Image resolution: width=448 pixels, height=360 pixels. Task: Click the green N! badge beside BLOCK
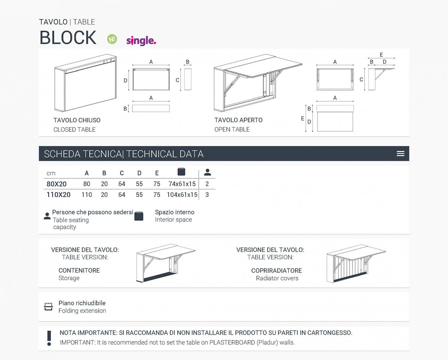point(112,39)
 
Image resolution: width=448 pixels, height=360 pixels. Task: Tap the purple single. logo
point(141,41)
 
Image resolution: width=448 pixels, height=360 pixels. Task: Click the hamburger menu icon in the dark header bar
point(400,154)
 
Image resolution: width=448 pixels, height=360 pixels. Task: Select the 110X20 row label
point(58,195)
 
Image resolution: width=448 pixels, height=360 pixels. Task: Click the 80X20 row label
point(56,184)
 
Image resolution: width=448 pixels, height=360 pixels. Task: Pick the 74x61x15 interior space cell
point(182,184)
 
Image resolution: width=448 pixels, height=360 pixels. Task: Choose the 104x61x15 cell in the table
point(182,195)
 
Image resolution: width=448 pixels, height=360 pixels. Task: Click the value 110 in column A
point(87,195)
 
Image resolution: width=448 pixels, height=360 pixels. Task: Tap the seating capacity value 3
point(207,195)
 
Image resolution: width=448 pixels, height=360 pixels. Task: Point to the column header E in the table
point(157,173)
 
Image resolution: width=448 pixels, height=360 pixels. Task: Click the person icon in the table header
point(207,172)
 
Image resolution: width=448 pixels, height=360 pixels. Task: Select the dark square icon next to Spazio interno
point(139,216)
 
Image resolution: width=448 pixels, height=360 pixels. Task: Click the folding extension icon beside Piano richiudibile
point(48,306)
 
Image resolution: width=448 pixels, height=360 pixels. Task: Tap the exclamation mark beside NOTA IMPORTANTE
point(49,338)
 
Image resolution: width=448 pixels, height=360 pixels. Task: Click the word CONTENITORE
point(79,270)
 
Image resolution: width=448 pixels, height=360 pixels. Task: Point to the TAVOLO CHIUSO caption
point(77,120)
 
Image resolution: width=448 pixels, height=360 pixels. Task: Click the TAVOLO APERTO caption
point(238,120)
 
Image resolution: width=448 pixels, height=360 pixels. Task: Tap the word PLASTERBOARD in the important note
point(232,342)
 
